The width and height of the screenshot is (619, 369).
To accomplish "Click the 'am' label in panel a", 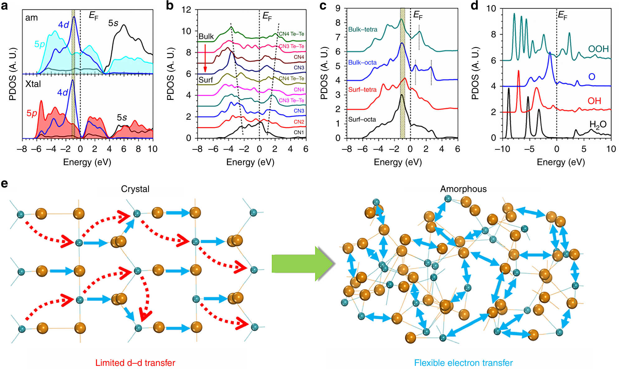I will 31,18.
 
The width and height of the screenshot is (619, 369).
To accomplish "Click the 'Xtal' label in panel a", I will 33,84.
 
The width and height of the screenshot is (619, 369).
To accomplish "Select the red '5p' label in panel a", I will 32,113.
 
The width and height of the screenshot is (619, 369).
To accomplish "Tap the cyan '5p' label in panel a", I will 40,44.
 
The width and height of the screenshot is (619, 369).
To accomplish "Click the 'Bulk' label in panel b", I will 206,36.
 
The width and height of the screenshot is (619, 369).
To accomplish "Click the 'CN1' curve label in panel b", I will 299,133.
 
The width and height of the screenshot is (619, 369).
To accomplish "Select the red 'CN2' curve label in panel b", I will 299,122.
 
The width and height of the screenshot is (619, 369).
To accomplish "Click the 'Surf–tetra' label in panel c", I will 362,90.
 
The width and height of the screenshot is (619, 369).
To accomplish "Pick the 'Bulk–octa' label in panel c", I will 362,63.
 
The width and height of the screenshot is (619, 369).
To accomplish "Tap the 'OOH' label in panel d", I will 598,49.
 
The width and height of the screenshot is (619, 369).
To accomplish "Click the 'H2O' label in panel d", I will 598,125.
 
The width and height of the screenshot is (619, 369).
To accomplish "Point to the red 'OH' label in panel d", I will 594,101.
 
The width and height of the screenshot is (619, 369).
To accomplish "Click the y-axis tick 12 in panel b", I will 186,10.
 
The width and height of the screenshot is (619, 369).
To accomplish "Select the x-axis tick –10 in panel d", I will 502,149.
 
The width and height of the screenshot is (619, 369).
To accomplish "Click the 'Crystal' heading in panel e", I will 135,189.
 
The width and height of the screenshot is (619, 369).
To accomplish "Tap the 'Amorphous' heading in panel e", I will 463,189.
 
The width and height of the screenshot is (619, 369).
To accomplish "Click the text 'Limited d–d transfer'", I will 135,363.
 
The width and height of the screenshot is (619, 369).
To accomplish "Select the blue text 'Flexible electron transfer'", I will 463,363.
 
